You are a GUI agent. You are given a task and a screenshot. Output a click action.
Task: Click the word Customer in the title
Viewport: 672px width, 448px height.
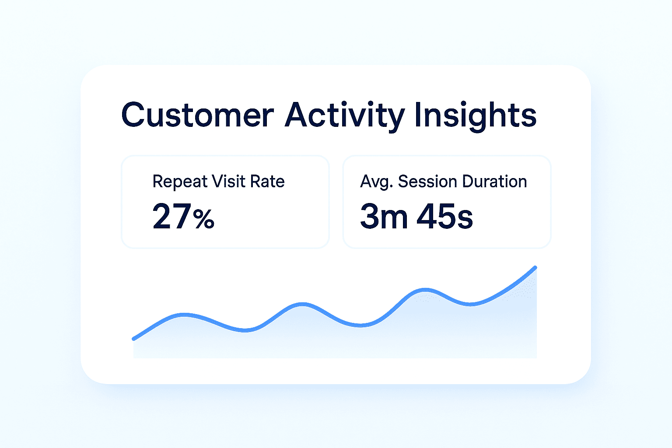click(197, 115)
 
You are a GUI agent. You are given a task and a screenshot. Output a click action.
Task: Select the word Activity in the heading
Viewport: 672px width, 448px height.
click(345, 116)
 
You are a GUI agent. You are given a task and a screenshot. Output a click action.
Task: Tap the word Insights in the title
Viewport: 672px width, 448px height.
click(476, 116)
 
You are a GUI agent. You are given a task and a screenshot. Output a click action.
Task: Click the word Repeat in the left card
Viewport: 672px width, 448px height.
click(180, 182)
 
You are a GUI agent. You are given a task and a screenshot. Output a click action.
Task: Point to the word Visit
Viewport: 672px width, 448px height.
click(228, 181)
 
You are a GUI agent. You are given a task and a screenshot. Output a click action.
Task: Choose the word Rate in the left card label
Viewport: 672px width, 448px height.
click(267, 181)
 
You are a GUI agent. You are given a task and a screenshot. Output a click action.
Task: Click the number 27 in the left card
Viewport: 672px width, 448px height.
click(171, 216)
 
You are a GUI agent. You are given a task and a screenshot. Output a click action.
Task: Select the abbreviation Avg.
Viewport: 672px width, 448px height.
click(377, 182)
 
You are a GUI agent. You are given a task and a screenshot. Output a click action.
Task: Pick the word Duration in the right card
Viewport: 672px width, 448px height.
click(494, 181)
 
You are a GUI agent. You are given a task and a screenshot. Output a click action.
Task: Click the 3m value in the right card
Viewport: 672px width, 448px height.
click(384, 216)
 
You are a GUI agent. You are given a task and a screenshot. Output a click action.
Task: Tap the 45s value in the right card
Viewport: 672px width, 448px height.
click(444, 216)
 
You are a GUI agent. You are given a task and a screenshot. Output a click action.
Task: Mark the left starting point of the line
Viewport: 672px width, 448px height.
click(133, 339)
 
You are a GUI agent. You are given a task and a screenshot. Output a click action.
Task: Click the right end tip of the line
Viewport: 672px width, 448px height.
click(535, 267)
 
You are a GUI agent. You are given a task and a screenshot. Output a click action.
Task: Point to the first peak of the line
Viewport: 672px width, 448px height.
click(185, 315)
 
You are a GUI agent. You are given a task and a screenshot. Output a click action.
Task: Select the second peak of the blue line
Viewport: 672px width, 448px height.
click(302, 304)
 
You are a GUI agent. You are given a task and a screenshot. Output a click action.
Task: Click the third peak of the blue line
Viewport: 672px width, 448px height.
click(425, 290)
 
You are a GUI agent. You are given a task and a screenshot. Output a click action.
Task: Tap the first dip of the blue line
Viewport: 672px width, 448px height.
click(245, 330)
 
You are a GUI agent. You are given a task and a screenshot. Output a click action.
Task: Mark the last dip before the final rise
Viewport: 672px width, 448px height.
click(470, 304)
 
